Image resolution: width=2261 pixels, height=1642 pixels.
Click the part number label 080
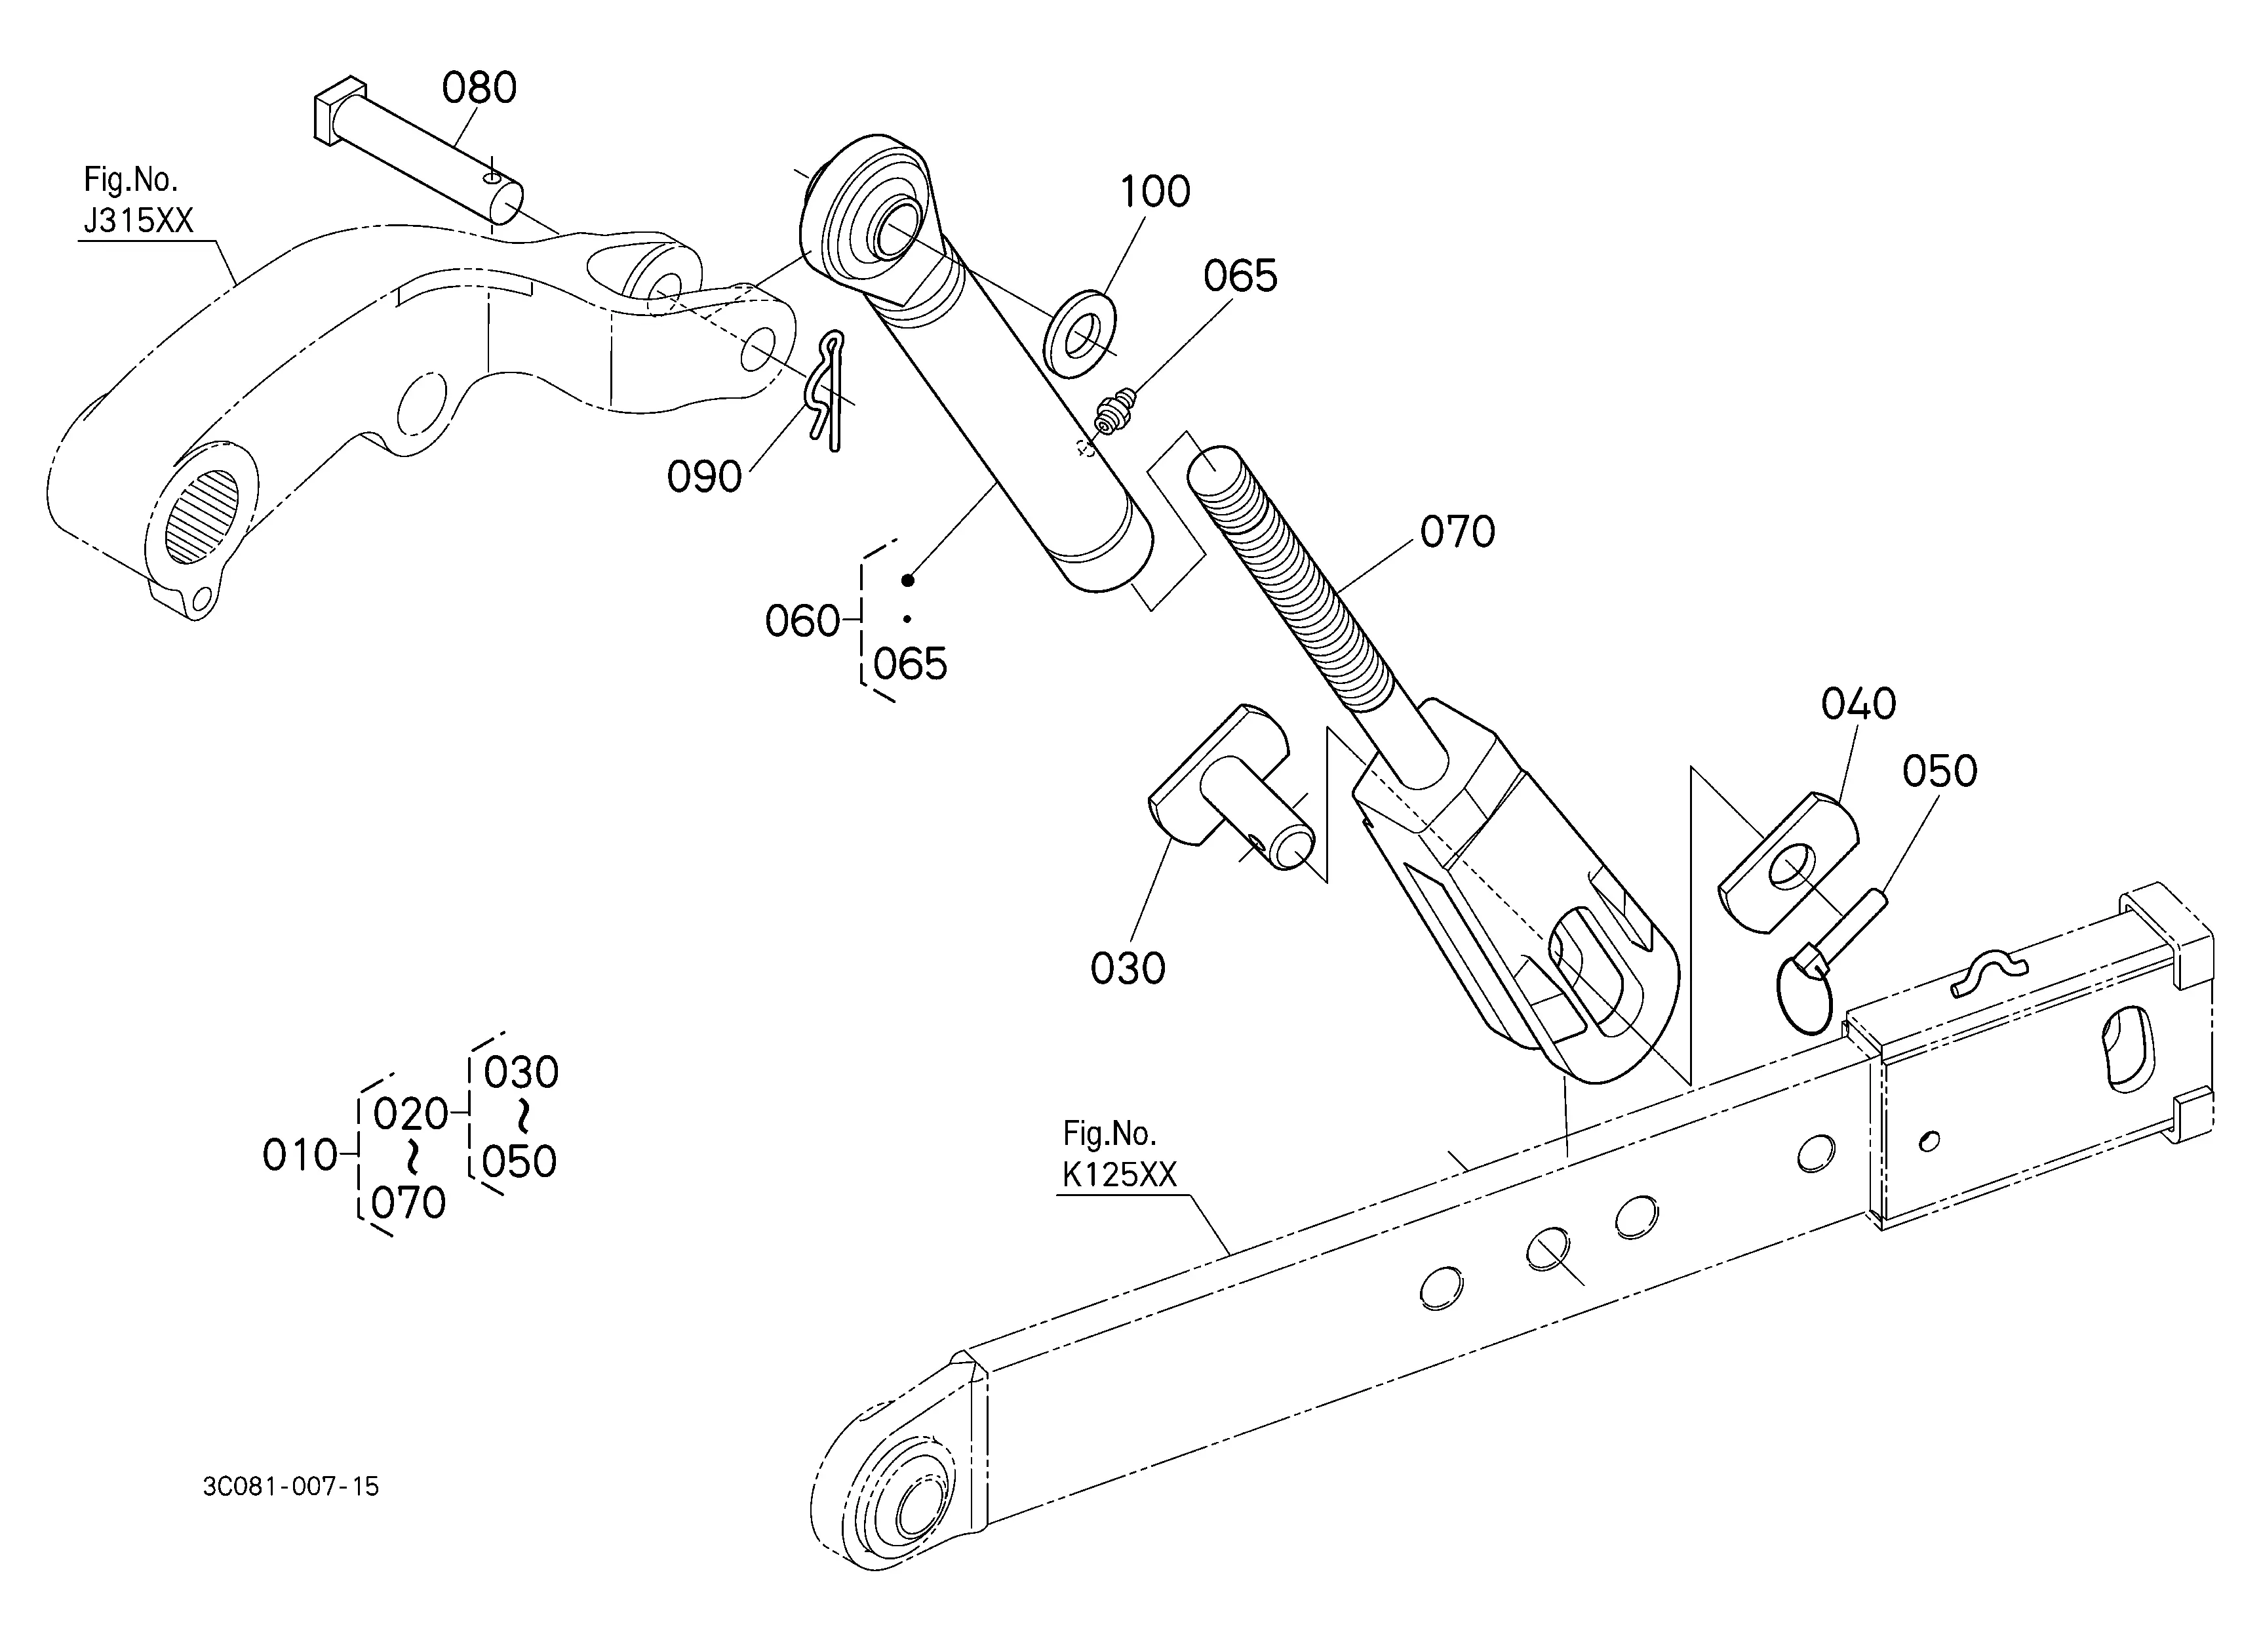pos(479,88)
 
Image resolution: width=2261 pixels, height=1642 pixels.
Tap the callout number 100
pos(1154,191)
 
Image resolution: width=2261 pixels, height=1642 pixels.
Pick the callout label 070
pos(1457,532)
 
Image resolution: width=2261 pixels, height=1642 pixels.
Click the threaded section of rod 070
pos(1296,588)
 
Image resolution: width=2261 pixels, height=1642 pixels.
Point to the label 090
pos(704,477)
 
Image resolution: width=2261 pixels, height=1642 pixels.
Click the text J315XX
pos(138,220)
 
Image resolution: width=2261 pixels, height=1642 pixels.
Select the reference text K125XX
pos(1118,1175)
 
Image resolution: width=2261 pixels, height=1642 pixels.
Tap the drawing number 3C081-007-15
pos(290,1487)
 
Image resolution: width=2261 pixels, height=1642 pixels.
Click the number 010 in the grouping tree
pos(299,1155)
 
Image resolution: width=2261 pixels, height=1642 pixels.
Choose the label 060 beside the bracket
pos(802,621)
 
